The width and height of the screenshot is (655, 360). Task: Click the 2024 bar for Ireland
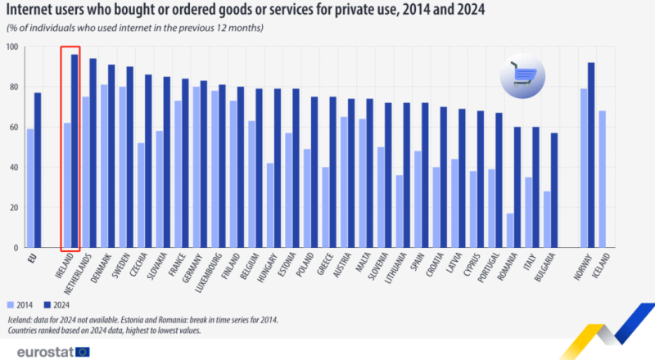(x=75, y=151)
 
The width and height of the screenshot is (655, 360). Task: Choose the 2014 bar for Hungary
(x=269, y=205)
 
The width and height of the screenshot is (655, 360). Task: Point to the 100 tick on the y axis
(x=12, y=47)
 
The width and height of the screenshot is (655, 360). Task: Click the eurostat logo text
(x=41, y=350)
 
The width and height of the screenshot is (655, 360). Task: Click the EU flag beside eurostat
(x=83, y=350)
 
